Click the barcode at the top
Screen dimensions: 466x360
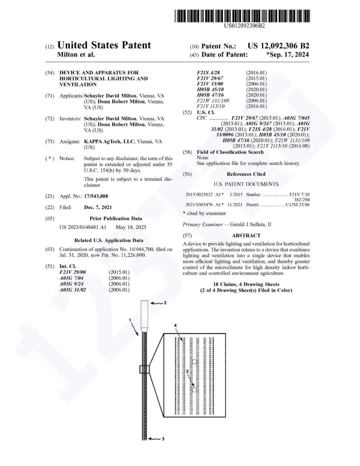242,16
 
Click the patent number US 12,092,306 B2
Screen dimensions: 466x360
278,46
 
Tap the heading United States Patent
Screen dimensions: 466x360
104,45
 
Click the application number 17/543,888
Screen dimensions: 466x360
96,196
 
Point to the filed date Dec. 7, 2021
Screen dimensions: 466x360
98,207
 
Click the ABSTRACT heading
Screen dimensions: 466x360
246,235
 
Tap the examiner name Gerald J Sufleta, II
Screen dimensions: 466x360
250,224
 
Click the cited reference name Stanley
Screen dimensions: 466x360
253,194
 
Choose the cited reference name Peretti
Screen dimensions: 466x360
252,204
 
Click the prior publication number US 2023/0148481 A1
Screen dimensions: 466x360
83,227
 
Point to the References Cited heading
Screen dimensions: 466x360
246,174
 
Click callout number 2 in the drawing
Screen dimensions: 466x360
165,303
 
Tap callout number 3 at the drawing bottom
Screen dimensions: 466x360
163,439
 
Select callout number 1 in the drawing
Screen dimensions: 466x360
130,320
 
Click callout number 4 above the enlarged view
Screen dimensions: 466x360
175,325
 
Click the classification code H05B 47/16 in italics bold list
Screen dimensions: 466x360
210,95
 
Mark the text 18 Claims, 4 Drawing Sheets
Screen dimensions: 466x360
246,284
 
